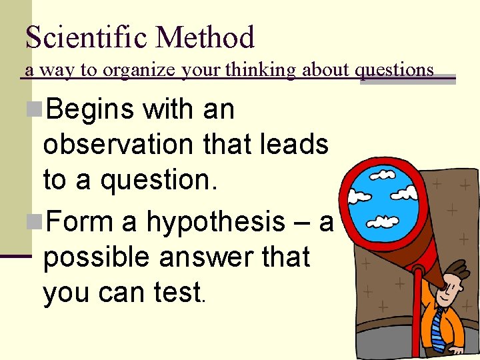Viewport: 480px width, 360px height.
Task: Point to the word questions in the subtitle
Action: coord(397,69)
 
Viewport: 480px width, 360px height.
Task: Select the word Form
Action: coord(79,222)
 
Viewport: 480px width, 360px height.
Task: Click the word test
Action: coord(178,292)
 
